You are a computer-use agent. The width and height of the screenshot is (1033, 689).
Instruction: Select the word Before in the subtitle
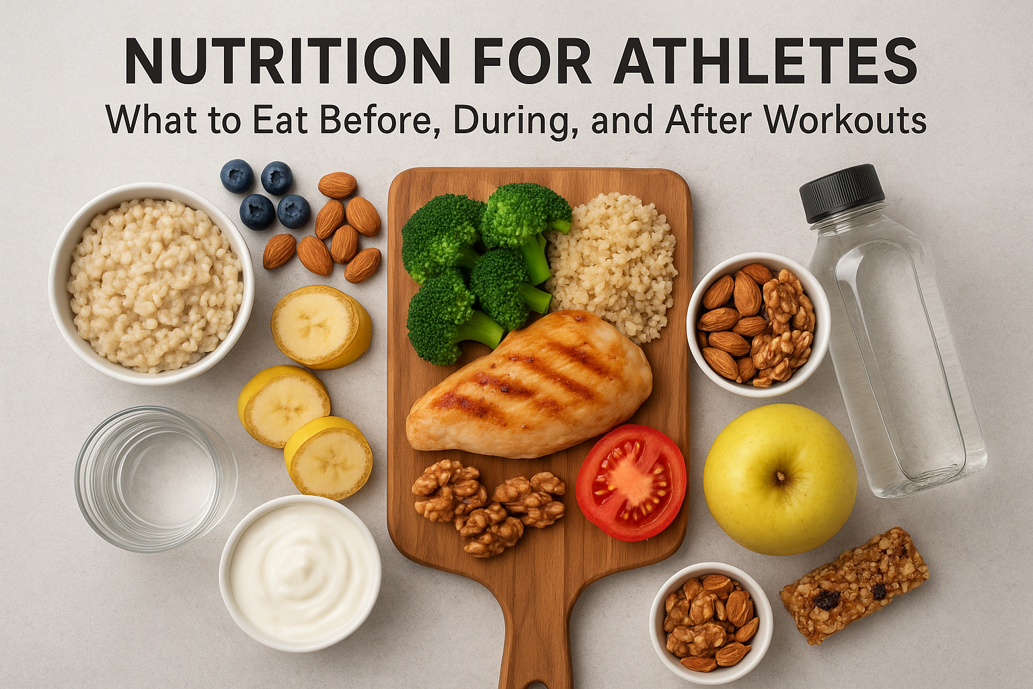374,120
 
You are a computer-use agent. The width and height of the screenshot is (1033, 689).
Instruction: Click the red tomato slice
630,482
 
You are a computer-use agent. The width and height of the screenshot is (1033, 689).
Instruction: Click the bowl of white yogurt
300,573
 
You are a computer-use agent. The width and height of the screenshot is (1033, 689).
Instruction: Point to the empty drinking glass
155,477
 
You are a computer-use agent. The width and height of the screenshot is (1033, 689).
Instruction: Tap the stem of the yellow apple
780,477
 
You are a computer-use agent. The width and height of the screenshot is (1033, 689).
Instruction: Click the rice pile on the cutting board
611,262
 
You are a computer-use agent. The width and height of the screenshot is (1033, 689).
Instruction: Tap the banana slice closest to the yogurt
328,457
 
